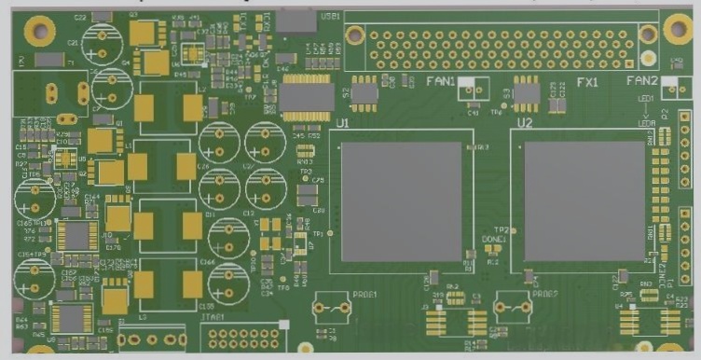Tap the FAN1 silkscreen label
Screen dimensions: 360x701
[440, 81]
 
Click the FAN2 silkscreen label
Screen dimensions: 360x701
[642, 81]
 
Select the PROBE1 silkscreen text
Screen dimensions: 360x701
[364, 295]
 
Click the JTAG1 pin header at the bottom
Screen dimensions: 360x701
[248, 338]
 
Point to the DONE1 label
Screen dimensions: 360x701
[493, 241]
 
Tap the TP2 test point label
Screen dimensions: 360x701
[501, 229]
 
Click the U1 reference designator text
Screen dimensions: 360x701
[342, 123]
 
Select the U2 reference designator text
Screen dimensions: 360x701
[525, 123]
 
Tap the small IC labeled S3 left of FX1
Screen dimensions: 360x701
[527, 92]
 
